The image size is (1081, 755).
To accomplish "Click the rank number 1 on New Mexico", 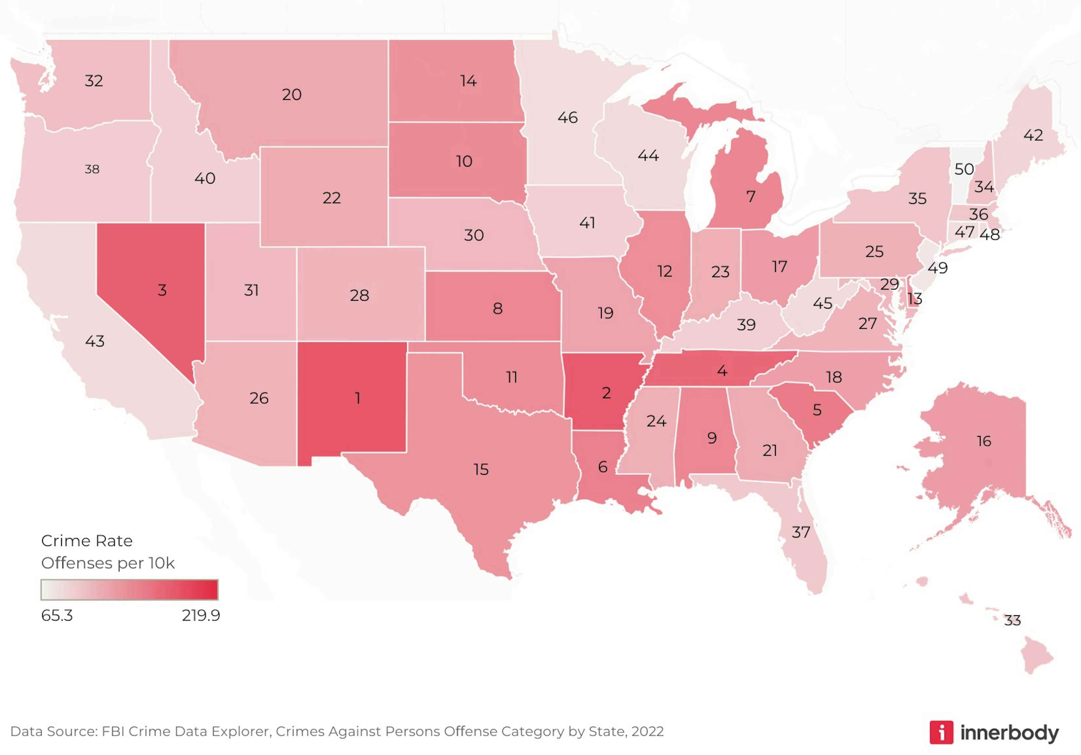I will [358, 398].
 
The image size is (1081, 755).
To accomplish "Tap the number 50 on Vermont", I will [964, 169].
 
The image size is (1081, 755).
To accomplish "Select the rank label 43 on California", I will [95, 341].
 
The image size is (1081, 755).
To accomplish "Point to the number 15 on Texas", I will [481, 469].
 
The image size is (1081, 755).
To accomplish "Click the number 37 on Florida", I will [801, 532].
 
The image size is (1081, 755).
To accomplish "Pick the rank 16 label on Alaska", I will [984, 441].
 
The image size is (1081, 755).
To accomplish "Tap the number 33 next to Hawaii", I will [1012, 620].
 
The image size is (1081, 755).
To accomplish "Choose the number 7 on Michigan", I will [751, 196].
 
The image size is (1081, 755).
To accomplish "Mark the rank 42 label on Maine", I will [1033, 135].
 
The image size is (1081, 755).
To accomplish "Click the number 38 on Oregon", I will [92, 169].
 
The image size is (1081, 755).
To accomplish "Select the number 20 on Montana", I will [292, 95].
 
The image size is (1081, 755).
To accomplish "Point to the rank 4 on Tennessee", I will [722, 371].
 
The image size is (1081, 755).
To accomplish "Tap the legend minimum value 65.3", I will [57, 616].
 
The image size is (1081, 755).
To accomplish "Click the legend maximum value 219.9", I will [201, 616].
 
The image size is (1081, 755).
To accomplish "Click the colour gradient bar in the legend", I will [130, 590].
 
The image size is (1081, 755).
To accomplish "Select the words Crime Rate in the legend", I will [87, 541].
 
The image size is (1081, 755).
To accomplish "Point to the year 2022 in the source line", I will [647, 731].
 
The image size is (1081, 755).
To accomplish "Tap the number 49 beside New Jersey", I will [937, 268].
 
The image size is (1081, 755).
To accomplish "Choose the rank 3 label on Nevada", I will [162, 290].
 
